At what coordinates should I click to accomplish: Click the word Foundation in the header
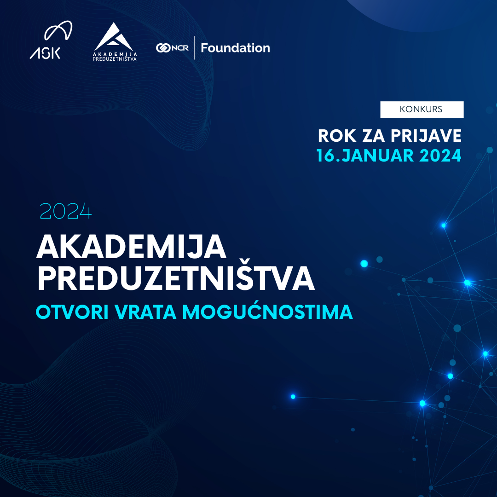(x=235, y=48)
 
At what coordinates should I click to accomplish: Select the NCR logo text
(x=179, y=48)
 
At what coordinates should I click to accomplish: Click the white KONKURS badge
(x=422, y=110)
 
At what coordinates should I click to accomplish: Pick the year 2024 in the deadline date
(x=440, y=156)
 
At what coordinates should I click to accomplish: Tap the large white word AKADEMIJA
(x=132, y=247)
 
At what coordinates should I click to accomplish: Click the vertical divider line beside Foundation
(x=194, y=48)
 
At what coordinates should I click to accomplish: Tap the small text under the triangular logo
(x=115, y=57)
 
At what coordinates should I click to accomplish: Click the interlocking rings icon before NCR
(x=163, y=48)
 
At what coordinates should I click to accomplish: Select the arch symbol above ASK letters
(x=58, y=31)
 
